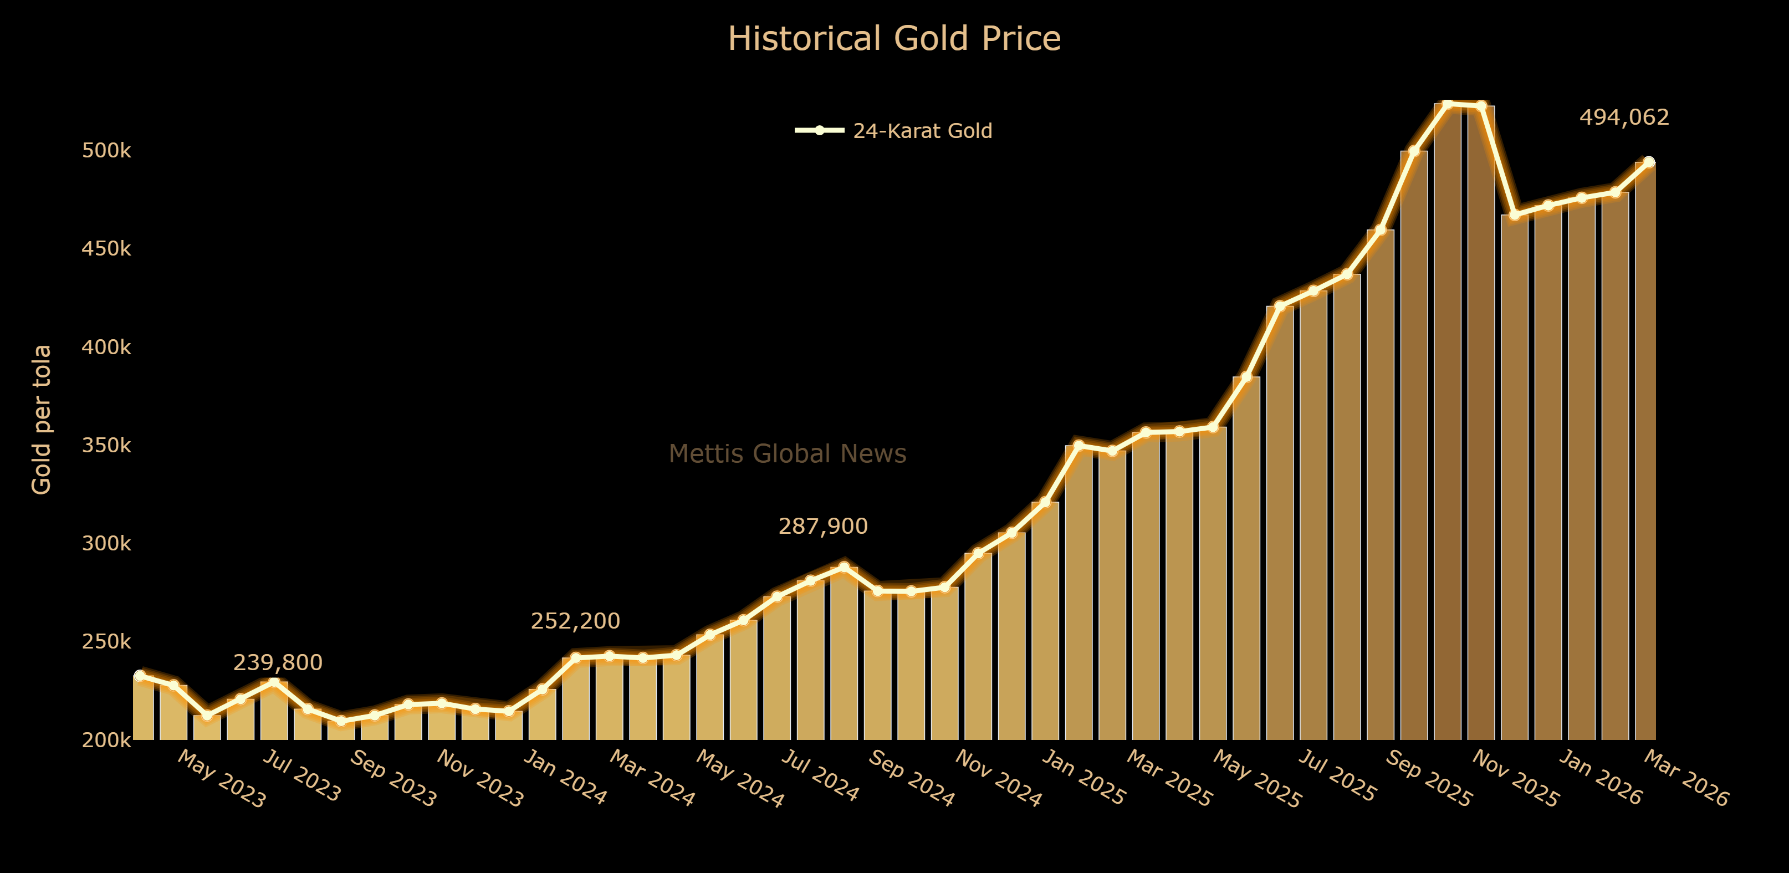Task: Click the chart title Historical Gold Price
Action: point(894,39)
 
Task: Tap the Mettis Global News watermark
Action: point(787,453)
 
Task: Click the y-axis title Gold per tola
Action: point(42,419)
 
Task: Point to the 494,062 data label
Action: point(1624,118)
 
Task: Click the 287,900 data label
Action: point(822,527)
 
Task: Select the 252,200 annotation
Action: point(575,621)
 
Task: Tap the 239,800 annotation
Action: point(277,662)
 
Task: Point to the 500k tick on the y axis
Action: point(106,151)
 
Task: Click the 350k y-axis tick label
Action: point(106,445)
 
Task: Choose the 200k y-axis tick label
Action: point(106,741)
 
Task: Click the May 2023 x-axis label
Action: point(221,779)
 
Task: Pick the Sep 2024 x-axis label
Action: point(911,779)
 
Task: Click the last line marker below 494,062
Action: point(1649,162)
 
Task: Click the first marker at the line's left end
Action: point(140,676)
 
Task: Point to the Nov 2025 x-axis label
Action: point(1515,779)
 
